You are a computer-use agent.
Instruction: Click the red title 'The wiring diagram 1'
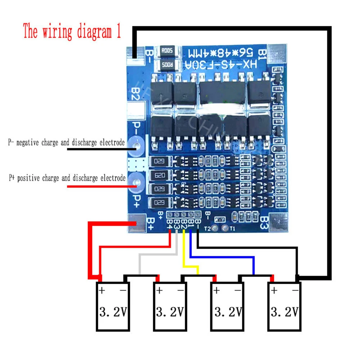72,32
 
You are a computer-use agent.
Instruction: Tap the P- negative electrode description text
66,143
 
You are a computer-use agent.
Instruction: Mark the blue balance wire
223,257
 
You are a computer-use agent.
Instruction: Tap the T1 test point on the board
226,228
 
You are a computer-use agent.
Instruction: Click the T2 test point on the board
215,228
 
